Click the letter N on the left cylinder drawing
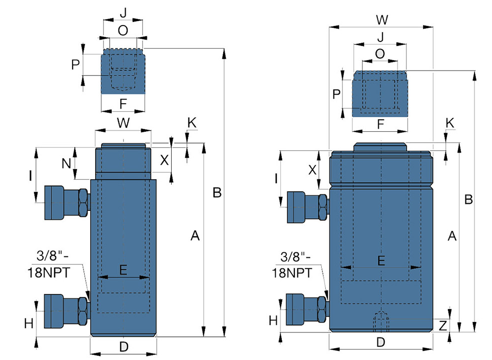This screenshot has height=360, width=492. pos(66,163)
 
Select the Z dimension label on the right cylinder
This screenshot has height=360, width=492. pos(442,326)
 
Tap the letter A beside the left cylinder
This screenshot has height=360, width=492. pos(195,235)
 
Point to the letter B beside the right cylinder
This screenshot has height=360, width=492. pos(468,199)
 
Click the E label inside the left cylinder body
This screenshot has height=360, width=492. pos(123,269)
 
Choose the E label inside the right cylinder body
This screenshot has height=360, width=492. pos(381,261)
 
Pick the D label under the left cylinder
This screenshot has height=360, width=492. pos(124,347)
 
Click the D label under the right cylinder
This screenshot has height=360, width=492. pos(380,342)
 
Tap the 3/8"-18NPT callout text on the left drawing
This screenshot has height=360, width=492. pos(49,264)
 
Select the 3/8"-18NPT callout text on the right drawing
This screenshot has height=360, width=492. pos(292,265)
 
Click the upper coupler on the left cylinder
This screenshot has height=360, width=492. pos(67,203)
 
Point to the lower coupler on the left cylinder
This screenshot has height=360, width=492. pos(67,311)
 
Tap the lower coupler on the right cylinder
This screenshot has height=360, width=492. pos(308,309)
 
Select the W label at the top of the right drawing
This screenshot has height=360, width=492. pos(382,20)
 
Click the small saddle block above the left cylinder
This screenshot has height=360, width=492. pos(123,71)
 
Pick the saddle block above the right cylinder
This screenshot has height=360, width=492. pos(380,94)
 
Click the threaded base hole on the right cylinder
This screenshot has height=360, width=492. pos(381,322)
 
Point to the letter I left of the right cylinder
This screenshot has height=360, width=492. pos(276,179)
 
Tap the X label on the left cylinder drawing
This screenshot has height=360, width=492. pos(165,160)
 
